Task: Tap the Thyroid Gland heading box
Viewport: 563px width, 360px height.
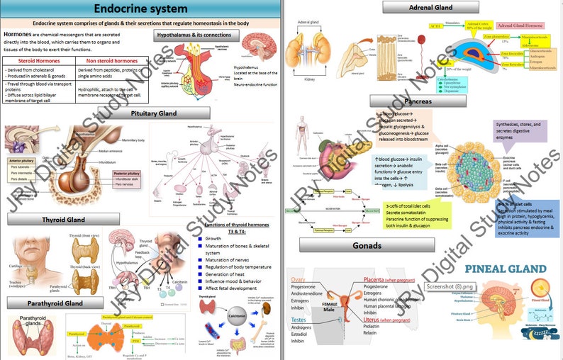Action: coord(63,220)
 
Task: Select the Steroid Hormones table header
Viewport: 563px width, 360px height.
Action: coord(35,61)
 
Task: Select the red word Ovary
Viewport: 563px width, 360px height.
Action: coord(299,279)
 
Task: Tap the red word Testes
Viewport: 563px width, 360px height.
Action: coord(299,320)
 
